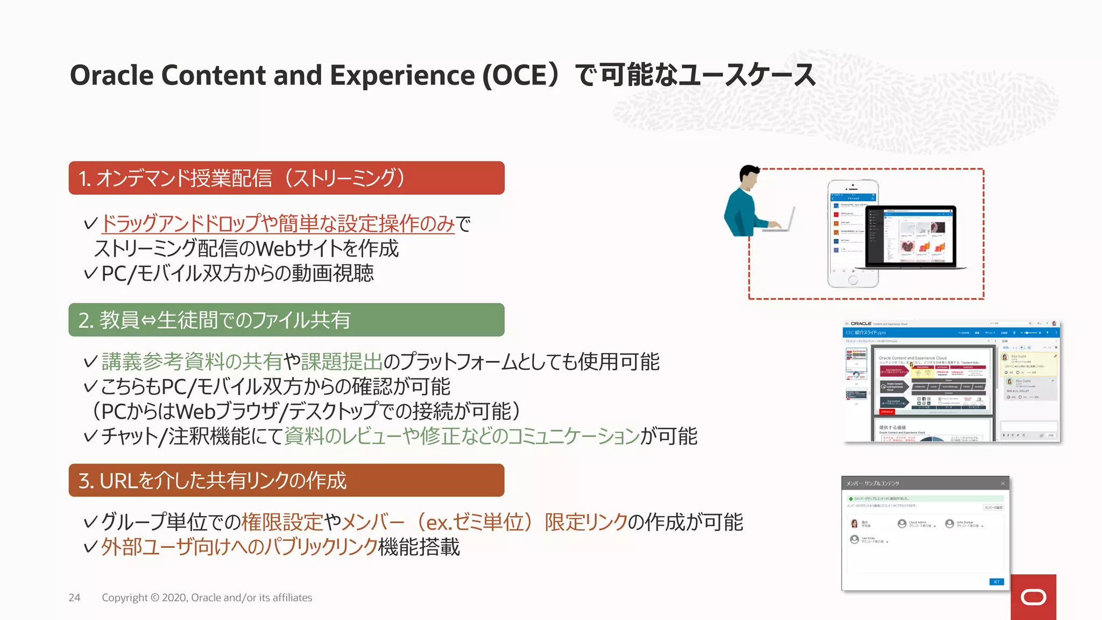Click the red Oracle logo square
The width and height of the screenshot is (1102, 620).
[x=1033, y=597]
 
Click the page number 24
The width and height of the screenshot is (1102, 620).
[x=74, y=597]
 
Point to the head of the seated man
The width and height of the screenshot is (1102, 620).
[x=748, y=175]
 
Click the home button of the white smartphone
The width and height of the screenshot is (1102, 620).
[x=853, y=280]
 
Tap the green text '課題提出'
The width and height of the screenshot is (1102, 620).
[x=342, y=362]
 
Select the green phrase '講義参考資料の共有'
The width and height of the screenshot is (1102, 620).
[x=192, y=362]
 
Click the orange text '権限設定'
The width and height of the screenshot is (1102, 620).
[x=282, y=522]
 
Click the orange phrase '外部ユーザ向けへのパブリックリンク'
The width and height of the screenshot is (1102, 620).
[x=239, y=547]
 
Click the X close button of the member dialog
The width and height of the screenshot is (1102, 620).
[x=1002, y=483]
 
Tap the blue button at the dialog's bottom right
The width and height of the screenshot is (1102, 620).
[x=996, y=582]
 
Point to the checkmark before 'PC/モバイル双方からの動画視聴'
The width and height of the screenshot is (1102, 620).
[x=90, y=273]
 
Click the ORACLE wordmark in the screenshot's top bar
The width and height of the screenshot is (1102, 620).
[x=861, y=324]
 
